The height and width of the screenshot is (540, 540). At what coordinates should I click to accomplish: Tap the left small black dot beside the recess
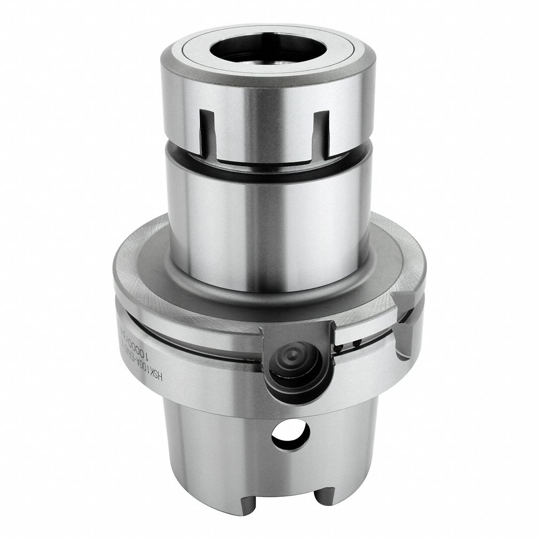click(339, 348)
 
